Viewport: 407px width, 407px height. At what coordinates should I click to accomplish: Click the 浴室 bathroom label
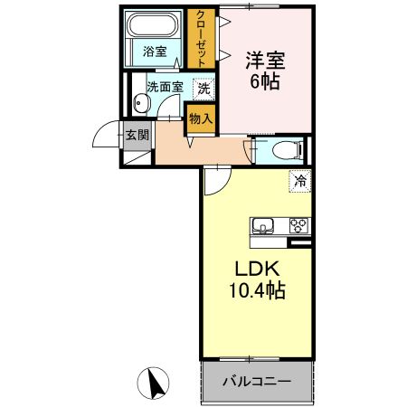tap(155, 53)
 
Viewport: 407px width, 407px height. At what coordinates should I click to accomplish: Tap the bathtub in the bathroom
tap(154, 27)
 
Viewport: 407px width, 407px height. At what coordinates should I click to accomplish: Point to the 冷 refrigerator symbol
tap(299, 181)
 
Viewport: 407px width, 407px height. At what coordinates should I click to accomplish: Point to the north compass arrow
tap(156, 383)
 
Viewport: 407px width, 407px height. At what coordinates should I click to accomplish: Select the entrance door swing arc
tap(107, 137)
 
